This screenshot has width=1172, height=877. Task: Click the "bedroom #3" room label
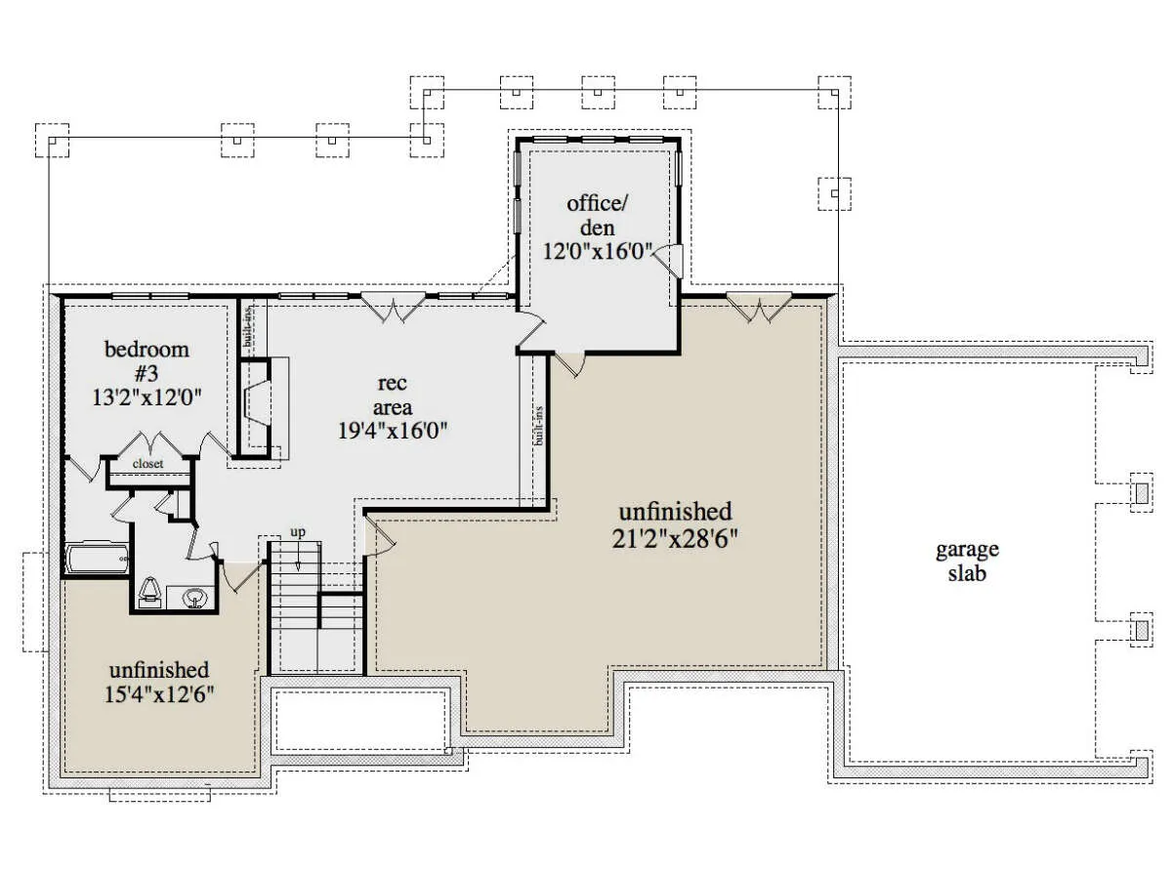(146, 360)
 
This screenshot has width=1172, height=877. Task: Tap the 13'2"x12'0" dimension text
(146, 397)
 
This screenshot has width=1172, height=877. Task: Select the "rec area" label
(393, 395)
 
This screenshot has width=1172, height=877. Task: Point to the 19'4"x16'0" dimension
(393, 430)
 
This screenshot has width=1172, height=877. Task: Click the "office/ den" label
(597, 215)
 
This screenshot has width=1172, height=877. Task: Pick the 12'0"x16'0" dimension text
(598, 250)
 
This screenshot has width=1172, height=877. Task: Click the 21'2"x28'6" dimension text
(674, 539)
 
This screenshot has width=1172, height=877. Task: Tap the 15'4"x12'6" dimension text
(159, 694)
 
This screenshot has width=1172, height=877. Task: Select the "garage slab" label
(967, 561)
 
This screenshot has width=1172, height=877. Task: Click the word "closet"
(147, 463)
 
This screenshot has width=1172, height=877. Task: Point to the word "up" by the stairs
(298, 532)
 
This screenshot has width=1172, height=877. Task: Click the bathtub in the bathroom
(97, 558)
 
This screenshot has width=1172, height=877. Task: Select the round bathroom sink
(194, 598)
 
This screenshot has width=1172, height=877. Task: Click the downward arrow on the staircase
(298, 559)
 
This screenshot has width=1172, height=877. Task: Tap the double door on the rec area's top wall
(394, 307)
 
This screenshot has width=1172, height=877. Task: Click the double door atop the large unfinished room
(759, 307)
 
